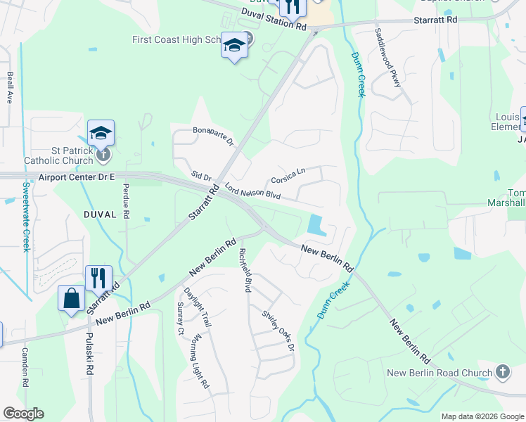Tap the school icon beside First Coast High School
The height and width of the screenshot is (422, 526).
click(x=235, y=46)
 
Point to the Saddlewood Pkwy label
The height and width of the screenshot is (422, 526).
click(x=387, y=58)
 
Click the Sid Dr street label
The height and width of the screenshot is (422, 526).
click(x=202, y=175)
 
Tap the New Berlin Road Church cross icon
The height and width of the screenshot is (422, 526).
click(x=502, y=371)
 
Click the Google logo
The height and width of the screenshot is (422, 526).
click(x=23, y=414)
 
